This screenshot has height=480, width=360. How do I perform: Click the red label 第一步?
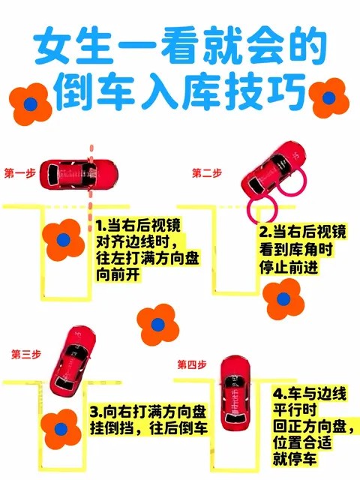pos(20,173)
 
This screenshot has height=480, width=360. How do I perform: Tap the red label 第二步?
pos(207,173)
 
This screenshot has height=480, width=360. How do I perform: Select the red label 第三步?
pos(26,354)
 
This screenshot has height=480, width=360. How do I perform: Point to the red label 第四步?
pos(192,364)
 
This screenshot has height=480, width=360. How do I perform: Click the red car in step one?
pos(79,174)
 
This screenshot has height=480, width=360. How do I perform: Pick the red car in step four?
pos(235,393)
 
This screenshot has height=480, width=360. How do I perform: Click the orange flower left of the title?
pos(30,104)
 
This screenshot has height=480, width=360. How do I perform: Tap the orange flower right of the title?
pos(328,98)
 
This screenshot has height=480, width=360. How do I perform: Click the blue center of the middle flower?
pos(158,325)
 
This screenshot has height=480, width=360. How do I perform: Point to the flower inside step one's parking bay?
pos(63,240)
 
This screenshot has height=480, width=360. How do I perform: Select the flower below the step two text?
pos(283,299)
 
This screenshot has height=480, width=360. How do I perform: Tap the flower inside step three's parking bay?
pos(61,429)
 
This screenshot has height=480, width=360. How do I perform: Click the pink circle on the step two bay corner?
pos(262,210)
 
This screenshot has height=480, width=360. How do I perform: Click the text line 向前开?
pos(118,274)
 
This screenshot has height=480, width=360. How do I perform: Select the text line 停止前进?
pos(289,267)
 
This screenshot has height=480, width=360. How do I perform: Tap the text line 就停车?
pos(295,459)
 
